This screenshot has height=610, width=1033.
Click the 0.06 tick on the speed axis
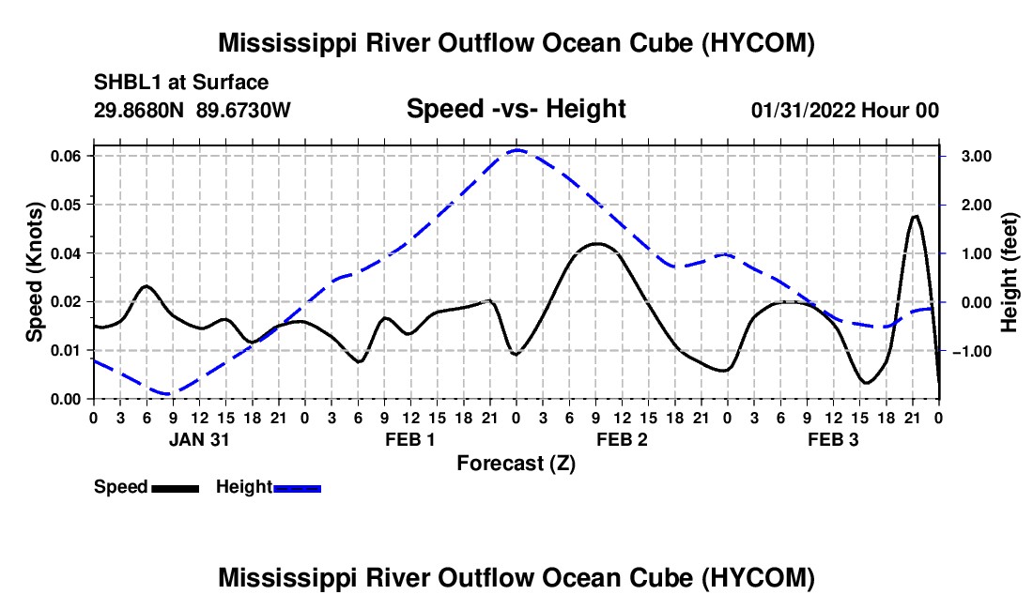click(65, 156)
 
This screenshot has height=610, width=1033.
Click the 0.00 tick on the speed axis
click(65, 400)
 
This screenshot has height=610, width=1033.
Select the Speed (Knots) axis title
click(34, 272)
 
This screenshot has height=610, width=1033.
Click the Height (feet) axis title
click(1009, 272)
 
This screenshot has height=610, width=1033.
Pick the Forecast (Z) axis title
click(516, 464)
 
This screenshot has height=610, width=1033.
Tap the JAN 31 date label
click(199, 439)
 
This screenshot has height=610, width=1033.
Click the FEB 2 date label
click(622, 439)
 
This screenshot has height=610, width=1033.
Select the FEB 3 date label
click(833, 439)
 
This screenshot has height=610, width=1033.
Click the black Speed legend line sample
click(176, 489)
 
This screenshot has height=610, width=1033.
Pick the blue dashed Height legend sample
click(297, 489)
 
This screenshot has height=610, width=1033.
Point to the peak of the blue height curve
click(516, 150)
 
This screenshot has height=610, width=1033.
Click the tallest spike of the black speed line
click(915, 216)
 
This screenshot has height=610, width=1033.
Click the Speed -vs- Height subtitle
click(516, 109)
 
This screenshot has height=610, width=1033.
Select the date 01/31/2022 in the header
click(803, 110)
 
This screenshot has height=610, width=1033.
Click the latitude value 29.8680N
click(138, 110)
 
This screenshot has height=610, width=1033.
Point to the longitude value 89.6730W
click(243, 110)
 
